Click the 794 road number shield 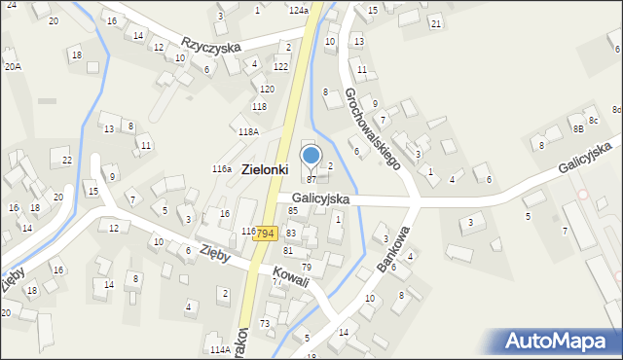[x=268, y=234]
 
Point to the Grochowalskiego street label [x=373, y=128]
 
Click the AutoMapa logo [x=559, y=342]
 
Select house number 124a [x=299, y=10]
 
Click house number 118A [x=248, y=131]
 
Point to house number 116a [x=222, y=169]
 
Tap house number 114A [x=220, y=349]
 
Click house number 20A [x=12, y=66]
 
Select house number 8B [x=578, y=128]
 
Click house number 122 [x=280, y=66]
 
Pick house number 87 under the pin [x=311, y=179]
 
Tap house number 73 [x=265, y=323]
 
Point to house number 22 [x=66, y=160]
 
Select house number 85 [x=292, y=210]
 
